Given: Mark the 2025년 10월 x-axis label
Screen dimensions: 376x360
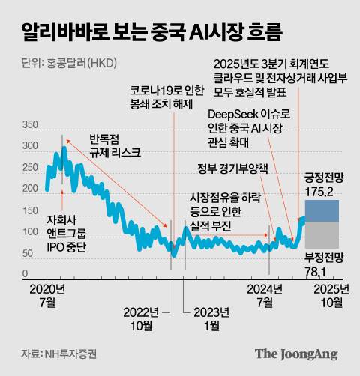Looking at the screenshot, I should pyautogui.click(x=330, y=295).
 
